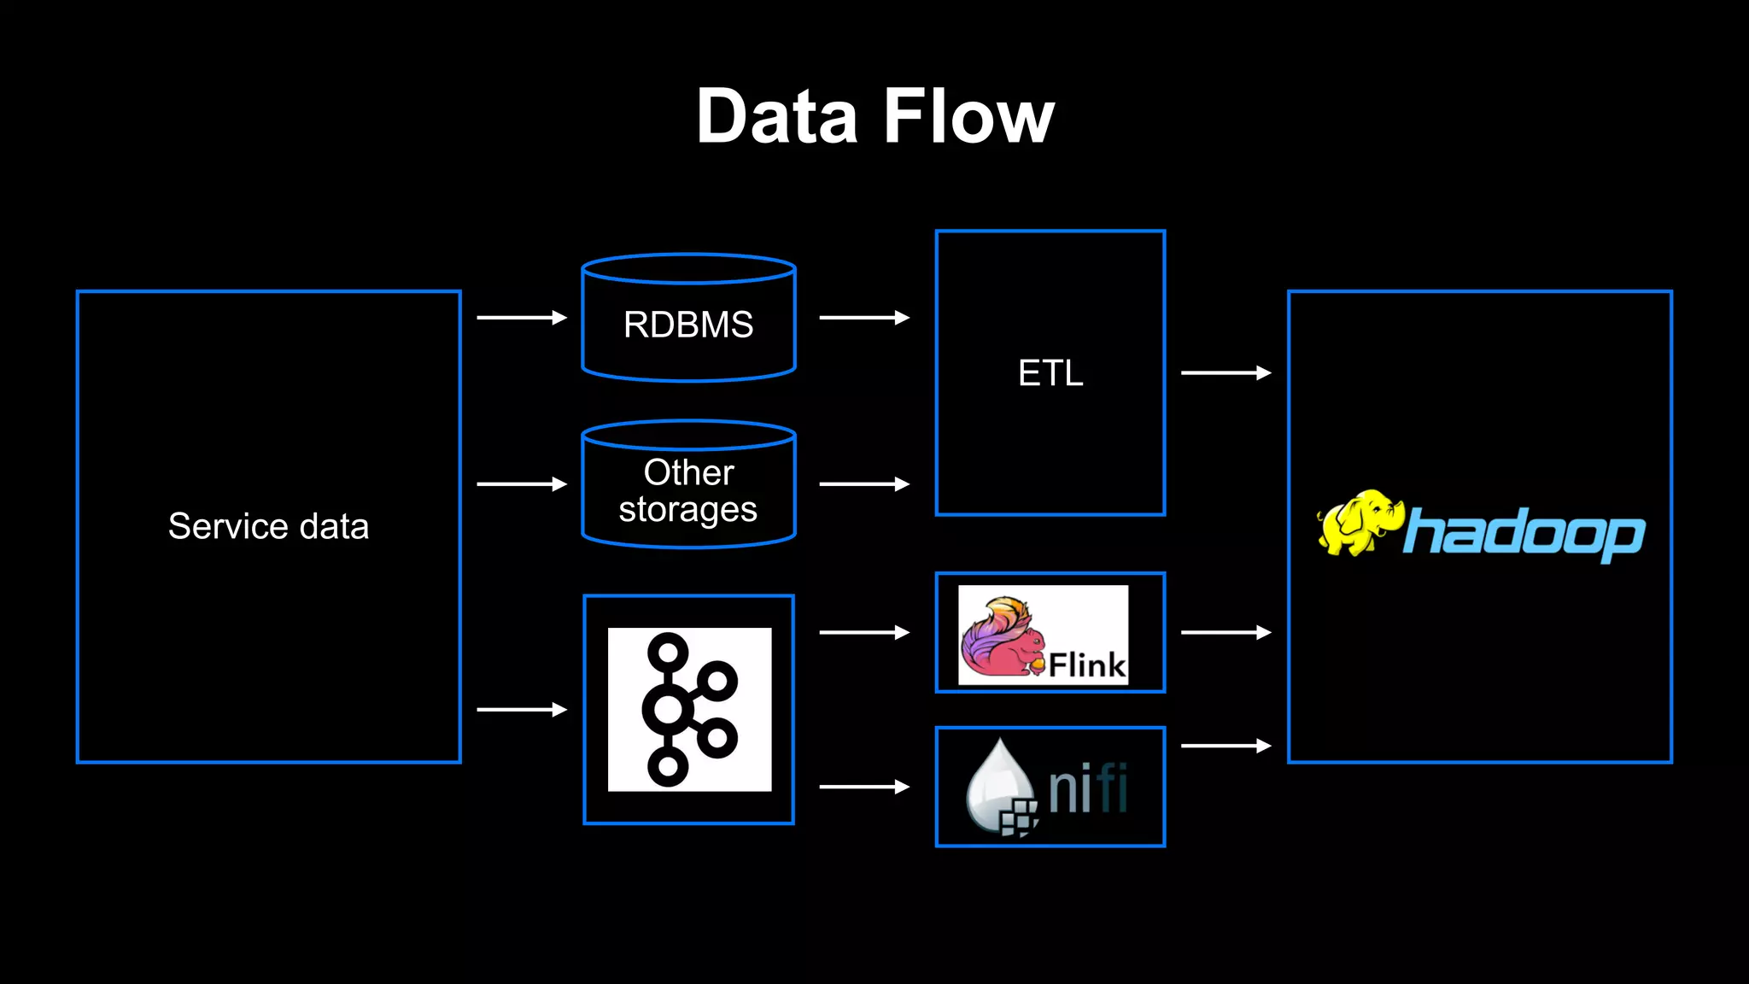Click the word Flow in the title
969,117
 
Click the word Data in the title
775,117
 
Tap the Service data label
268,526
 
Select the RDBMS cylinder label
688,325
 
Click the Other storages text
688,491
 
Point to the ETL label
1050,373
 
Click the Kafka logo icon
688,710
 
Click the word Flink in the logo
1086,665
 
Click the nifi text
1087,788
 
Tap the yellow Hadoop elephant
1358,523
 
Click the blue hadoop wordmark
1524,534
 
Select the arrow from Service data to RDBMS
521,318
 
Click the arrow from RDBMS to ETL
863,318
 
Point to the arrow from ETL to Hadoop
1225,373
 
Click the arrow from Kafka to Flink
863,633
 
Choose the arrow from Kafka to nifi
863,787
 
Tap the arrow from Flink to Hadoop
1225,633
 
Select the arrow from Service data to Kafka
521,710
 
